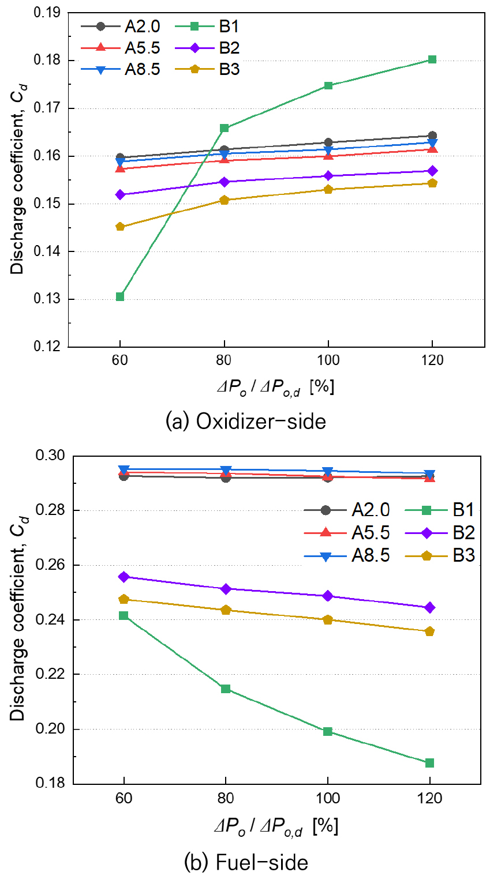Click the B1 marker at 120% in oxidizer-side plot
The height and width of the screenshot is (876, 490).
[432, 59]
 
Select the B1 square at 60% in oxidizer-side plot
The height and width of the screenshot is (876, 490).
[120, 296]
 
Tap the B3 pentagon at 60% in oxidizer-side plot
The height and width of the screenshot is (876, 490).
[120, 227]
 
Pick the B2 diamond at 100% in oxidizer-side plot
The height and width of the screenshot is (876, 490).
[328, 176]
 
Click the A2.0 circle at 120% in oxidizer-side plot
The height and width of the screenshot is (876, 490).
[432, 136]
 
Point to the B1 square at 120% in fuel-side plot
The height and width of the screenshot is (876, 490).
[429, 763]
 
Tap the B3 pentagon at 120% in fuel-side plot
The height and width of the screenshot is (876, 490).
[429, 631]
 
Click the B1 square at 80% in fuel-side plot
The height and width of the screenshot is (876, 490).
[226, 689]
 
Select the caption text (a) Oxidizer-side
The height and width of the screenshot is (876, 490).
[245, 422]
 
